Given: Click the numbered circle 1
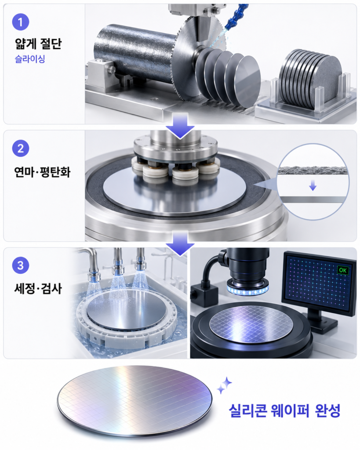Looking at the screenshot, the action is point(20,22).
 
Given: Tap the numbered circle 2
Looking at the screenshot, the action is point(20,149).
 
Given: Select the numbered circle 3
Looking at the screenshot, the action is point(20,265).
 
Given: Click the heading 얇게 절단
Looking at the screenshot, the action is point(38,44).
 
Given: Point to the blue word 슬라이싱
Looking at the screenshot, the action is point(30,59).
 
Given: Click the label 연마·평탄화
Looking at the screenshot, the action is point(42,172).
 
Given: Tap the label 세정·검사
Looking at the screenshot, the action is point(38,288).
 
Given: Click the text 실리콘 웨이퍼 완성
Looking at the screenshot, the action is point(284,410).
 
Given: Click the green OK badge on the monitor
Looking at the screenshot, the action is point(342,270).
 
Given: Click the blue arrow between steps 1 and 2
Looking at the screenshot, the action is point(180,126).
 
